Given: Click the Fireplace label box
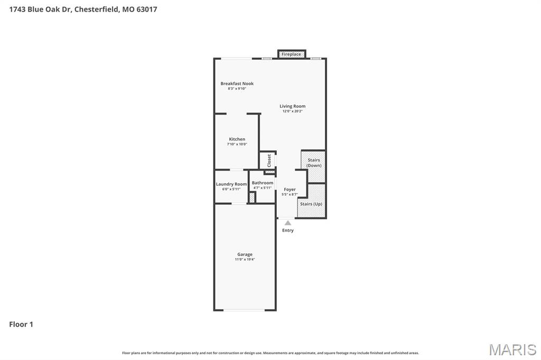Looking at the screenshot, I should [x=291, y=54].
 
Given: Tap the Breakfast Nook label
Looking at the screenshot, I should [x=237, y=83].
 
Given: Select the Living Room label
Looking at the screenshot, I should [x=292, y=106].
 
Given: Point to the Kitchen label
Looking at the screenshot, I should [x=237, y=139].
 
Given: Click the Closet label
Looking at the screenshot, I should [x=269, y=160].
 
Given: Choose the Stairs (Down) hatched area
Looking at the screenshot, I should [x=313, y=166].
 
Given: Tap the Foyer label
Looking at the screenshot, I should [x=290, y=190].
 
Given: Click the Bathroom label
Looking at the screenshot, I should [x=263, y=183].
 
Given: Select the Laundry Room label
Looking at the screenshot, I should [x=231, y=184].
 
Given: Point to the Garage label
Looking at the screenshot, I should [x=245, y=254].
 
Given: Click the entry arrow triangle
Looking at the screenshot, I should [x=287, y=223].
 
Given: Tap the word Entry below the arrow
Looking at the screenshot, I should [x=288, y=230].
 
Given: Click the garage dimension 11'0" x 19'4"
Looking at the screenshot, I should [x=245, y=260].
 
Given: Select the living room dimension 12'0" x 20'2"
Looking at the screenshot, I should [x=292, y=111].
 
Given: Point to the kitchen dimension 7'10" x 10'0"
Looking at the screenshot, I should [x=237, y=144].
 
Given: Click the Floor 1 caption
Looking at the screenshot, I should [x=21, y=324].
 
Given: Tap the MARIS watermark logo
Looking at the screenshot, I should [x=512, y=349].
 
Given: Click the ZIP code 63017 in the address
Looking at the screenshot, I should [x=146, y=9].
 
